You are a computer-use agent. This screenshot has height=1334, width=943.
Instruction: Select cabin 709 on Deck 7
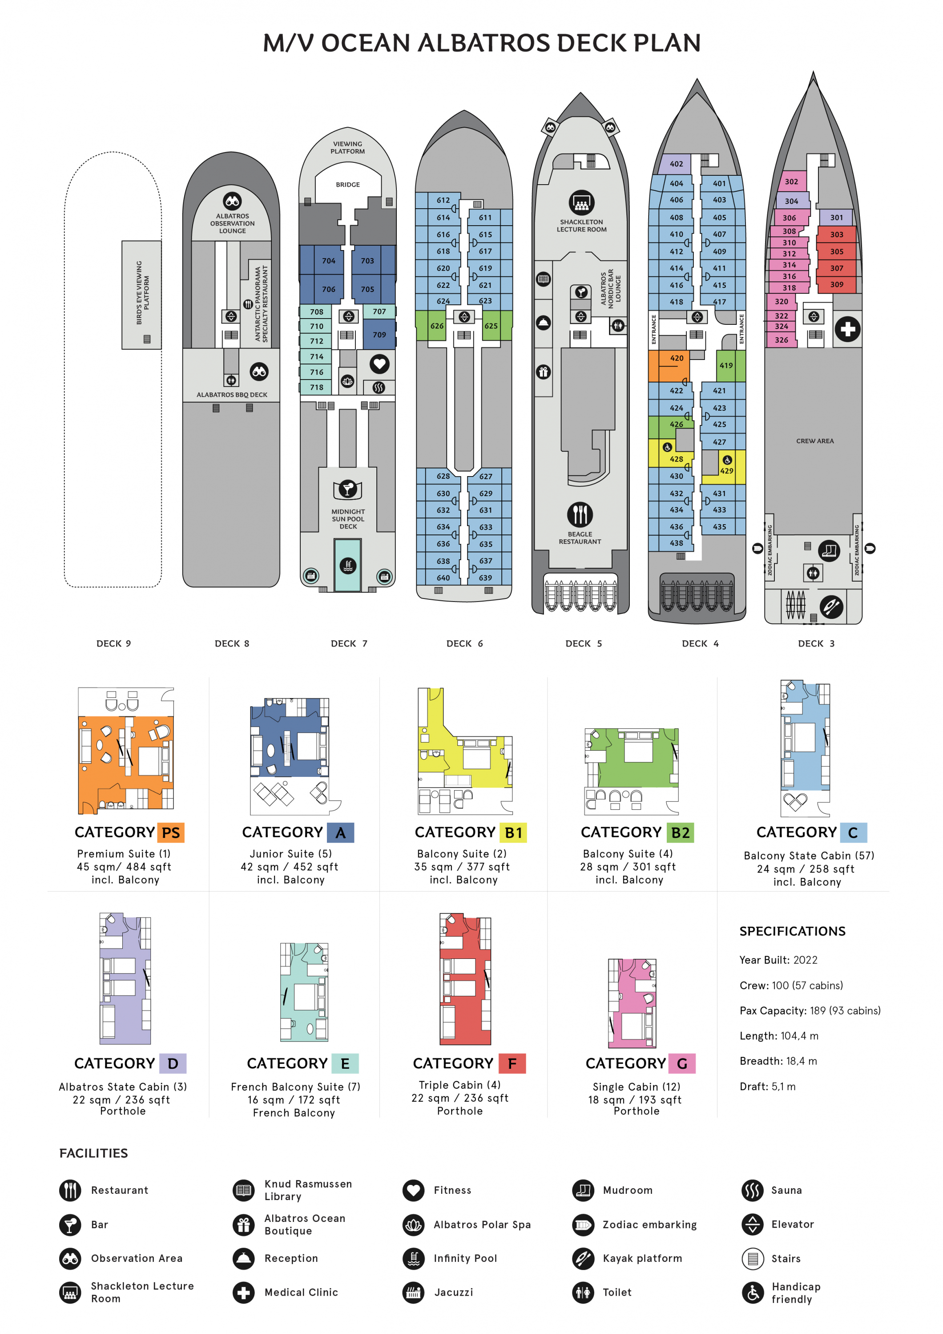pyautogui.click(x=379, y=335)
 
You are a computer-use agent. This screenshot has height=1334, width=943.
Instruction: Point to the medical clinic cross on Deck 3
pyautogui.click(x=847, y=329)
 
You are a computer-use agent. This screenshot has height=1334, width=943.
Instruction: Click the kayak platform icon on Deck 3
pyautogui.click(x=831, y=606)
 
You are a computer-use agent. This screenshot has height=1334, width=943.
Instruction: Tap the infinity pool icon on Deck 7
pyautogui.click(x=347, y=565)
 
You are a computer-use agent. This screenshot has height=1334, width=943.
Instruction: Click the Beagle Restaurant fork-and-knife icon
pyautogui.click(x=580, y=515)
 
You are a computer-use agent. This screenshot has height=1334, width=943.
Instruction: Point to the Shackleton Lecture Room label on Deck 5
pyautogui.click(x=581, y=226)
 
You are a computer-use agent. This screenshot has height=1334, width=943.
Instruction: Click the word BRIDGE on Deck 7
pyautogui.click(x=347, y=185)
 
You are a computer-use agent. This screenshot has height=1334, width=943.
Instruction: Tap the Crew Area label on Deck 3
pyautogui.click(x=815, y=441)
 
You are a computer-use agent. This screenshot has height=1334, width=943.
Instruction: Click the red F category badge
pyautogui.click(x=512, y=1063)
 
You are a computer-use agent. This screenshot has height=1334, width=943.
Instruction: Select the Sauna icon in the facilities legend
pyautogui.click(x=752, y=1190)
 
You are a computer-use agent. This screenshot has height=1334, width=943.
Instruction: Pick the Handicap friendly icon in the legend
pyautogui.click(x=752, y=1292)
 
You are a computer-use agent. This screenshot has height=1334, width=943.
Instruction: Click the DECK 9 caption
pyautogui.click(x=114, y=644)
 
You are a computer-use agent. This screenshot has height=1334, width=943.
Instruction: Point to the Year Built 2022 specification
pyautogui.click(x=778, y=960)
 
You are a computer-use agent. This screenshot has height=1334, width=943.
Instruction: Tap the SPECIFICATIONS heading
pyautogui.click(x=792, y=931)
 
